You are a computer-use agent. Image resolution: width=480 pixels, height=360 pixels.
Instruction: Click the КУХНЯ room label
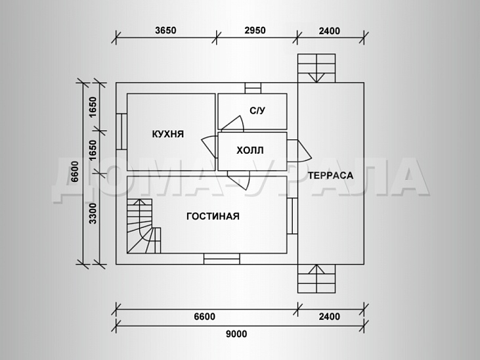click(x=168, y=134)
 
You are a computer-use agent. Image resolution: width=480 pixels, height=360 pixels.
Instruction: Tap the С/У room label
click(x=257, y=110)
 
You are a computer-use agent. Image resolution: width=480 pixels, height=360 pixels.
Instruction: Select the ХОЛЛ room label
click(x=250, y=150)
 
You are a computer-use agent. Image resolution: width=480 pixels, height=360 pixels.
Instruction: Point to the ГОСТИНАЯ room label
click(x=213, y=216)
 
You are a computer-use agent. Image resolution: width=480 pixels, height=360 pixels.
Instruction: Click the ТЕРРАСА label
click(x=330, y=175)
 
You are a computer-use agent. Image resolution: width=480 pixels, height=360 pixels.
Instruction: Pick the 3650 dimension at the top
click(x=165, y=30)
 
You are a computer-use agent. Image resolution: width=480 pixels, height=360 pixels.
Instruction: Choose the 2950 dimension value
click(x=255, y=30)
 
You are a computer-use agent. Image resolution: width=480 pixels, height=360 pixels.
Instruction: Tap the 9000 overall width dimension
click(x=236, y=334)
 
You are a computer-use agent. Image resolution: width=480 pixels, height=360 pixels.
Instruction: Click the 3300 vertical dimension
click(x=93, y=214)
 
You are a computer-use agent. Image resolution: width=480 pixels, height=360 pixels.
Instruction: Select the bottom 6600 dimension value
click(x=204, y=317)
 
